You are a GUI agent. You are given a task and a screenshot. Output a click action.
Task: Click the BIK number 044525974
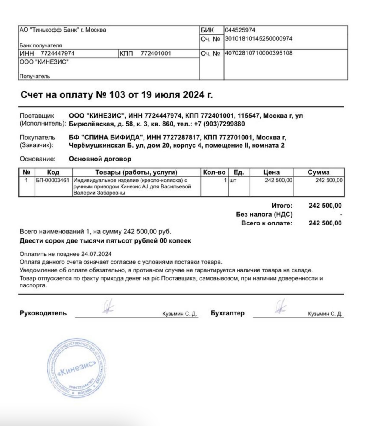[x=240, y=30]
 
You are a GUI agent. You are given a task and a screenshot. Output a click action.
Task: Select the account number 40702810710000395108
[x=258, y=53]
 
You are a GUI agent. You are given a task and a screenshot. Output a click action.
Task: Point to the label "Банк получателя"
[x=40, y=45]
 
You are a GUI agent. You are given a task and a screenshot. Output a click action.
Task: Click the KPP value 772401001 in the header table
[x=156, y=54]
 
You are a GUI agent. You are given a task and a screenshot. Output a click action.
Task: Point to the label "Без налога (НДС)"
[x=264, y=214]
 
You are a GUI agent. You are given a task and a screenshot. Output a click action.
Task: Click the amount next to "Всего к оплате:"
[x=325, y=223]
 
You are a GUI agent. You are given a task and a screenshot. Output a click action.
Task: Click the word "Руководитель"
[x=43, y=313]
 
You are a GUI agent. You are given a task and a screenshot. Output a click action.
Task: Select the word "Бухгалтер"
[x=228, y=313]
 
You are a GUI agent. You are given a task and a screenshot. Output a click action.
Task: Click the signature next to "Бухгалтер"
[x=280, y=307]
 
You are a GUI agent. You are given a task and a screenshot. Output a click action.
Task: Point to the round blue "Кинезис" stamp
[x=77, y=368]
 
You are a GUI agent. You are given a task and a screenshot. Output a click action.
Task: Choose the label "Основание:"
[x=38, y=159]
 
